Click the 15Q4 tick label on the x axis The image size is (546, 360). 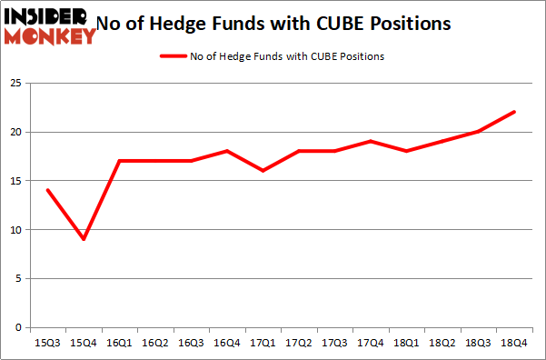pyautogui.click(x=84, y=344)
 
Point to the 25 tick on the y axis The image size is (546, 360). pyautogui.click(x=17, y=84)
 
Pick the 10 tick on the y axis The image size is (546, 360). pyautogui.click(x=17, y=230)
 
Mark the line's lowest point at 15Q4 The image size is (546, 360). pyautogui.click(x=84, y=239)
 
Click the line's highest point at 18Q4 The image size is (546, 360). pyautogui.click(x=514, y=112)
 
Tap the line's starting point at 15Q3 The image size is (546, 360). pyautogui.click(x=48, y=190)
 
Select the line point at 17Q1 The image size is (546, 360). pyautogui.click(x=263, y=171)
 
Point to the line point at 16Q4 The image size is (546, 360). pyautogui.click(x=227, y=151)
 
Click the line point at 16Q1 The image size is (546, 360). pyautogui.click(x=120, y=161)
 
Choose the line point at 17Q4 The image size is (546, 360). pyautogui.click(x=371, y=141)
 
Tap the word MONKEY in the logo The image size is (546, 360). pyautogui.click(x=51, y=36)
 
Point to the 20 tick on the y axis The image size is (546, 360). pyautogui.click(x=17, y=132)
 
